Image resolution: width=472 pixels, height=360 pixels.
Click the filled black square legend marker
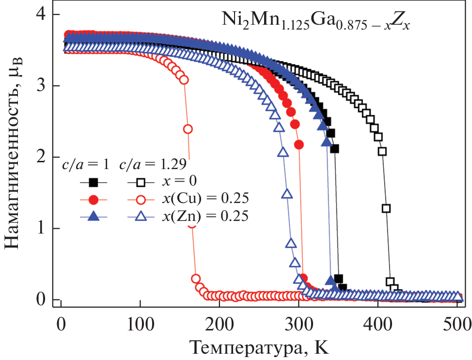coord(94,182)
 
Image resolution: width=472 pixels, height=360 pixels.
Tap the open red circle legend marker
coord(140,199)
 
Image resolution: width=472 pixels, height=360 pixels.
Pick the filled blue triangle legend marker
coord(94,217)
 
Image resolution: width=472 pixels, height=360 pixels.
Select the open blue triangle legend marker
coord(140,217)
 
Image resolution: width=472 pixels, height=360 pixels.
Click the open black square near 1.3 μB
coord(386,209)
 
